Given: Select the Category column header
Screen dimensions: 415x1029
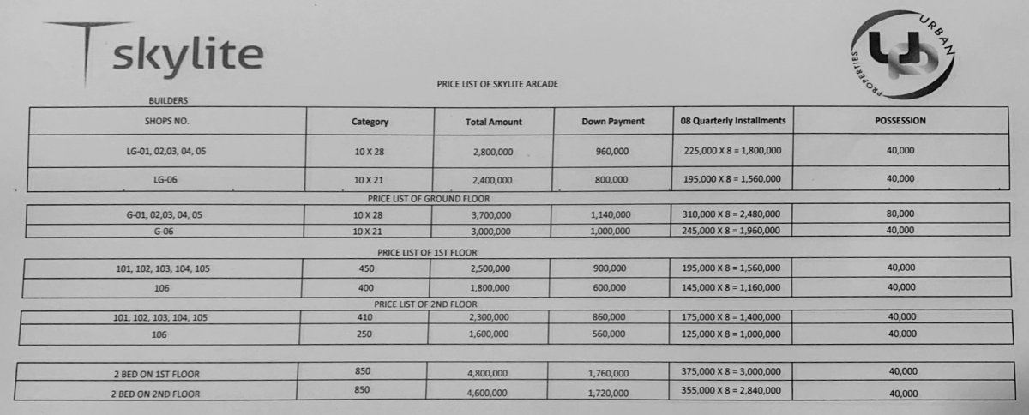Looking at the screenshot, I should [x=370, y=122].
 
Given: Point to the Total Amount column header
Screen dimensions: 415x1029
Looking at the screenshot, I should [x=493, y=122].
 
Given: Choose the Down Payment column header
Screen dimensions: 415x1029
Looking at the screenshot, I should [x=612, y=122].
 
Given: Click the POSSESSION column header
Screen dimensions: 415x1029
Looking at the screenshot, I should [x=900, y=121].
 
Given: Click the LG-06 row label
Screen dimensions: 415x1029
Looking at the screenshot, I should [x=165, y=180].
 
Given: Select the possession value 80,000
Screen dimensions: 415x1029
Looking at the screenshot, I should [x=900, y=214].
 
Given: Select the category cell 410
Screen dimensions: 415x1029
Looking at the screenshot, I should [x=364, y=317].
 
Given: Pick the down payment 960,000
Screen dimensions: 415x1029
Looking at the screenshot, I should [x=611, y=151].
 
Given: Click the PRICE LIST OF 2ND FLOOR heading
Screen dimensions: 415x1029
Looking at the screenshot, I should [x=426, y=304].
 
